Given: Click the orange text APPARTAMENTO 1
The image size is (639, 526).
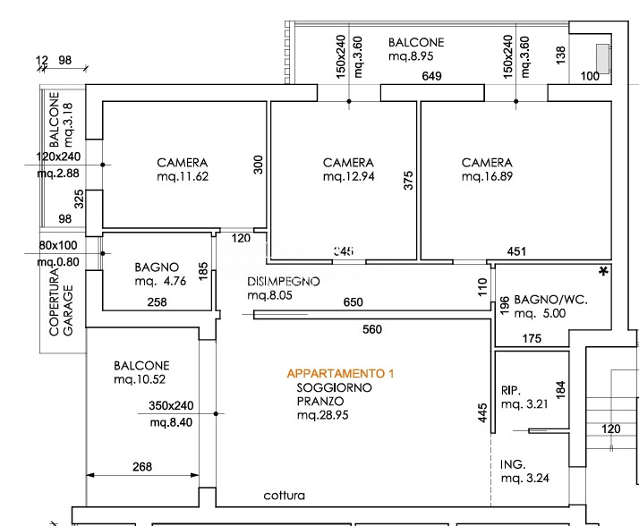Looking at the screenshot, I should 339,373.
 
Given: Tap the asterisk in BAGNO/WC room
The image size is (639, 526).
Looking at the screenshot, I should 603,271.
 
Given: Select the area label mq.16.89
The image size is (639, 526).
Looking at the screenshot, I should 487,177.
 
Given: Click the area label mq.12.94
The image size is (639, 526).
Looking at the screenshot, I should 348,177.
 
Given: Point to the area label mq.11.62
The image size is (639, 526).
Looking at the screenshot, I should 182,177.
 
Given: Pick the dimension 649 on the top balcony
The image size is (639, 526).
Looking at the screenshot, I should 432,77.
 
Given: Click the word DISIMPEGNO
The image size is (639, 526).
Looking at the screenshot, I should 284,281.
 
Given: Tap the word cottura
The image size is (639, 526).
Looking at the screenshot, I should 284,496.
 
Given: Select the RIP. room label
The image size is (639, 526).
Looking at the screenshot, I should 512,390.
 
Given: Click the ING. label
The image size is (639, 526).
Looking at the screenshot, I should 513,463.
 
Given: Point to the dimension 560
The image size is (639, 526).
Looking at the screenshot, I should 372,330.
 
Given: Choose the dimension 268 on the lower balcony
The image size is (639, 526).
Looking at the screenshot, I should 141,466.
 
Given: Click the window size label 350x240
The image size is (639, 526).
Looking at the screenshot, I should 171,405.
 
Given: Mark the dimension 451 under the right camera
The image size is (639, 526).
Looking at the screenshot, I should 516,252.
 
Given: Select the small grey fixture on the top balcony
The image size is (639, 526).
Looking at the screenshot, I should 604,57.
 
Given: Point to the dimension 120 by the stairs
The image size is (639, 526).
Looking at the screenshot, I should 610,429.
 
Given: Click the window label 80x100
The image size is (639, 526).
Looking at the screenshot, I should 58,245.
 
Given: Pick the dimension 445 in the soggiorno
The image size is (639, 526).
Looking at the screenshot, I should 482,412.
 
